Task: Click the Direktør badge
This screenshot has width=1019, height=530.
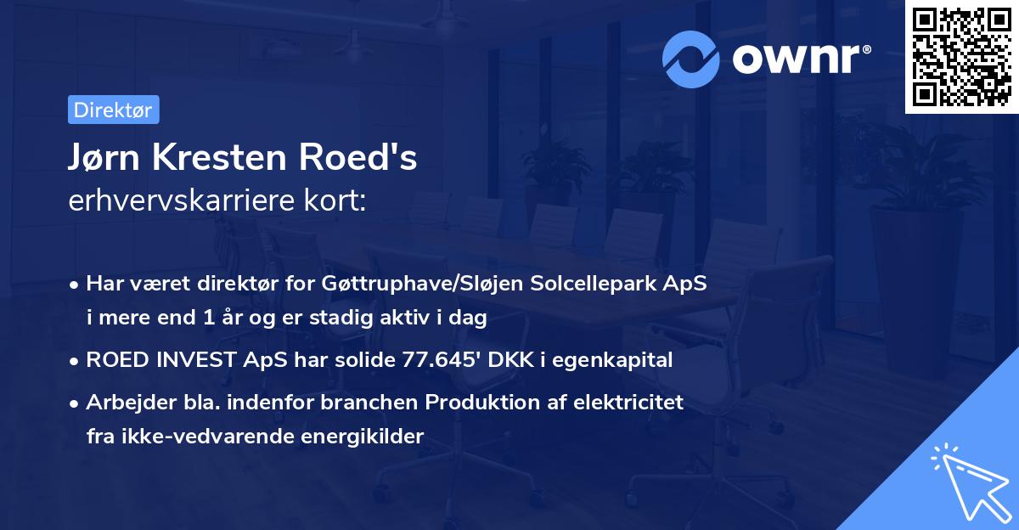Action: [113, 110]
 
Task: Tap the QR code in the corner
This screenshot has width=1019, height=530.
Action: [960, 55]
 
